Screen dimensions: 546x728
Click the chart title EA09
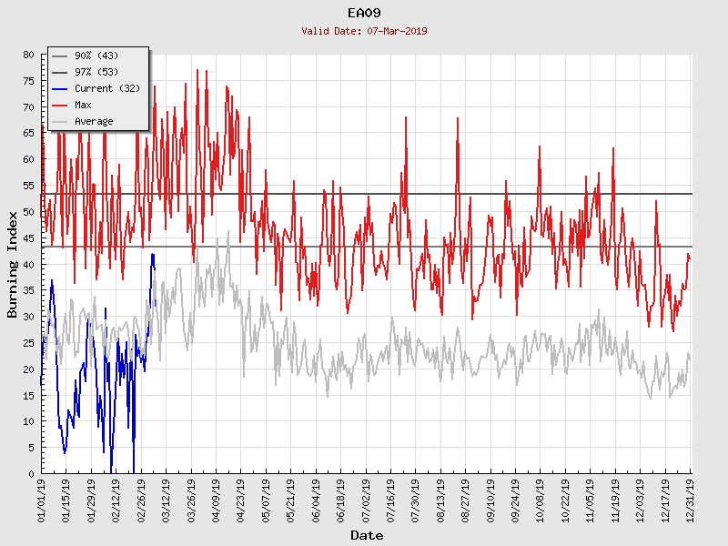click(364, 13)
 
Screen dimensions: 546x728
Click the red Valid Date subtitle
click(364, 31)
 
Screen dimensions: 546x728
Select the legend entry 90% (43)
click(96, 56)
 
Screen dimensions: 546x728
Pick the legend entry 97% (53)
click(96, 73)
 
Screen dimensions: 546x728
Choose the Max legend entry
click(83, 106)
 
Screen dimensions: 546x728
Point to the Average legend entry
click(94, 122)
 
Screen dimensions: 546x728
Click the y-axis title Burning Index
click(13, 264)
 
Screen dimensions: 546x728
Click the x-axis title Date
click(367, 536)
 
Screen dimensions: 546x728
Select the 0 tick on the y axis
click(31, 474)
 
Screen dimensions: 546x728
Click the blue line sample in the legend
click(60, 89)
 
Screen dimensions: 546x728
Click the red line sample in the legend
click(60, 106)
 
